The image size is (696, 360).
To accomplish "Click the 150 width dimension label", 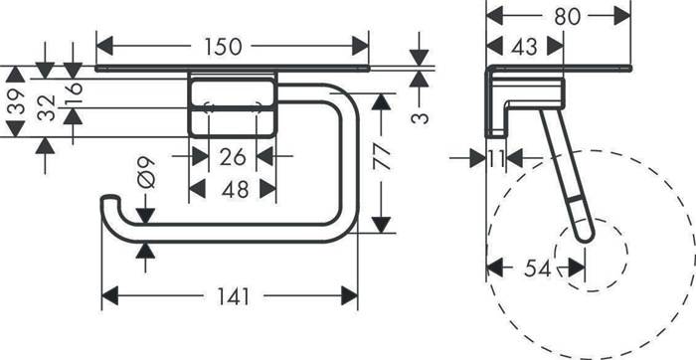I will pos(231,47).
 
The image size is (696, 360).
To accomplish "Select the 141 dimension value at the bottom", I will pos(230,296).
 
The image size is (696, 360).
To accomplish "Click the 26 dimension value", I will pos(232,156).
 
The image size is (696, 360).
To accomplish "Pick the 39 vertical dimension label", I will pos(15,101).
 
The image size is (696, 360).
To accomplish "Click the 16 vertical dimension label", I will pos(73,94).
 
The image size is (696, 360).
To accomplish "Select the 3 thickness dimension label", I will pos(420,117).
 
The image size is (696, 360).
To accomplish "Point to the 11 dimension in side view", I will pos(497,157).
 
